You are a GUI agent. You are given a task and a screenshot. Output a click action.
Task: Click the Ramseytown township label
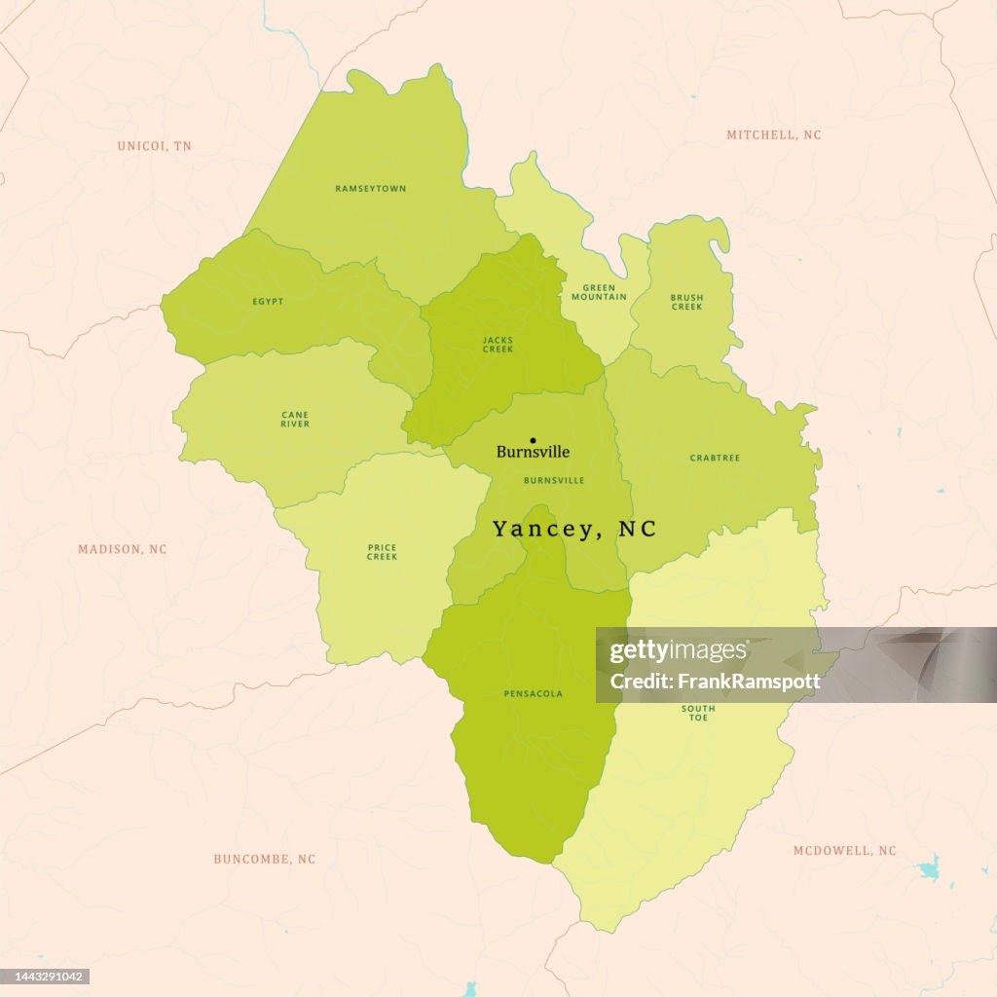coord(371,188)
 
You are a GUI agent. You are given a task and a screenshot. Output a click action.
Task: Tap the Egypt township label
coord(268,302)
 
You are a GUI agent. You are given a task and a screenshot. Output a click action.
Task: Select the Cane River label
coord(295,420)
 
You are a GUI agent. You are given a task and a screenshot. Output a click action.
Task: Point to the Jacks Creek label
coord(498,345)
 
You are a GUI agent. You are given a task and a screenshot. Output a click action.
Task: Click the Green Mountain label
coord(599,292)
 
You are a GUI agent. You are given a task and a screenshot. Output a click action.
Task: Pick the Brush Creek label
coord(686,302)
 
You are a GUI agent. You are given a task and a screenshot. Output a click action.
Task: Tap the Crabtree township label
coord(715,458)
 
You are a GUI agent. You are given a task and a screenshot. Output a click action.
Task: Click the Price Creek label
coord(382,552)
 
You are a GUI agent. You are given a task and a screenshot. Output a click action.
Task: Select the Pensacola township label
coord(533,694)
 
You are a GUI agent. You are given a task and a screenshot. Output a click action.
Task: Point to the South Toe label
coord(698,713)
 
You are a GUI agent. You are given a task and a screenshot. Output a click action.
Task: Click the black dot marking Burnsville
coord(533,440)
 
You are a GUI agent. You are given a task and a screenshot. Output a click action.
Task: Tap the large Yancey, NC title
coord(574,529)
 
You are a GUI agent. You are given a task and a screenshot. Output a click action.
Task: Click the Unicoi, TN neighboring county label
coord(155,146)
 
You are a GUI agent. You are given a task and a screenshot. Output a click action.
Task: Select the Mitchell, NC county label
coord(774,135)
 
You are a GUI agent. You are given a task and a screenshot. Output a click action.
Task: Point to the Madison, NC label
coord(123,549)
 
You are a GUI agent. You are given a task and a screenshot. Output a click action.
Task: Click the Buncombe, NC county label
coord(265,859)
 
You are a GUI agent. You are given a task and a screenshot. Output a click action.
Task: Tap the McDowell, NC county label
coord(844,851)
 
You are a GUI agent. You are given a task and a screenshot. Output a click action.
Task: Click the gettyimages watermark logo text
coord(679,652)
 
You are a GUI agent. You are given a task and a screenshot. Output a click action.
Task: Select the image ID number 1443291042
coord(47,977)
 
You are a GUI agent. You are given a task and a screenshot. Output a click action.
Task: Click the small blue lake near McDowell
coord(931,867)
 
